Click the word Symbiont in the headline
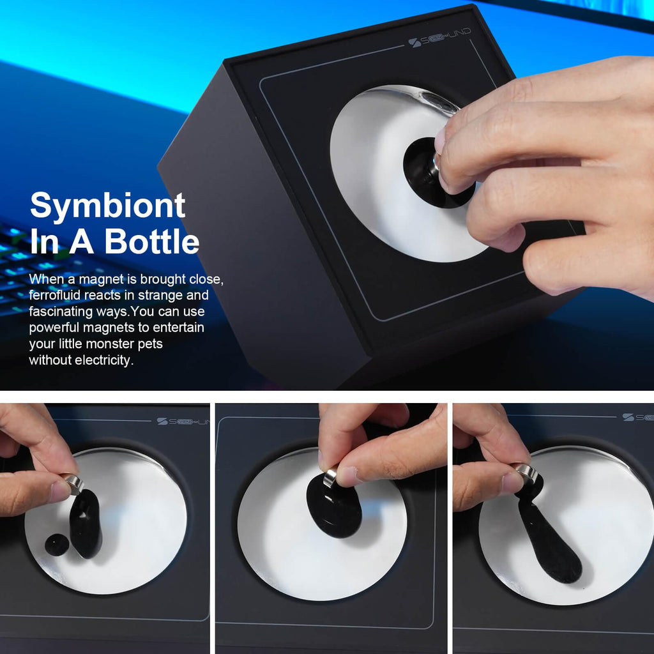tap(107, 206)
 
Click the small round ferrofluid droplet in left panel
tap(57, 544)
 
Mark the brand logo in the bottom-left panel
tap(183, 422)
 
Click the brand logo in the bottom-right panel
tap(637, 417)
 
